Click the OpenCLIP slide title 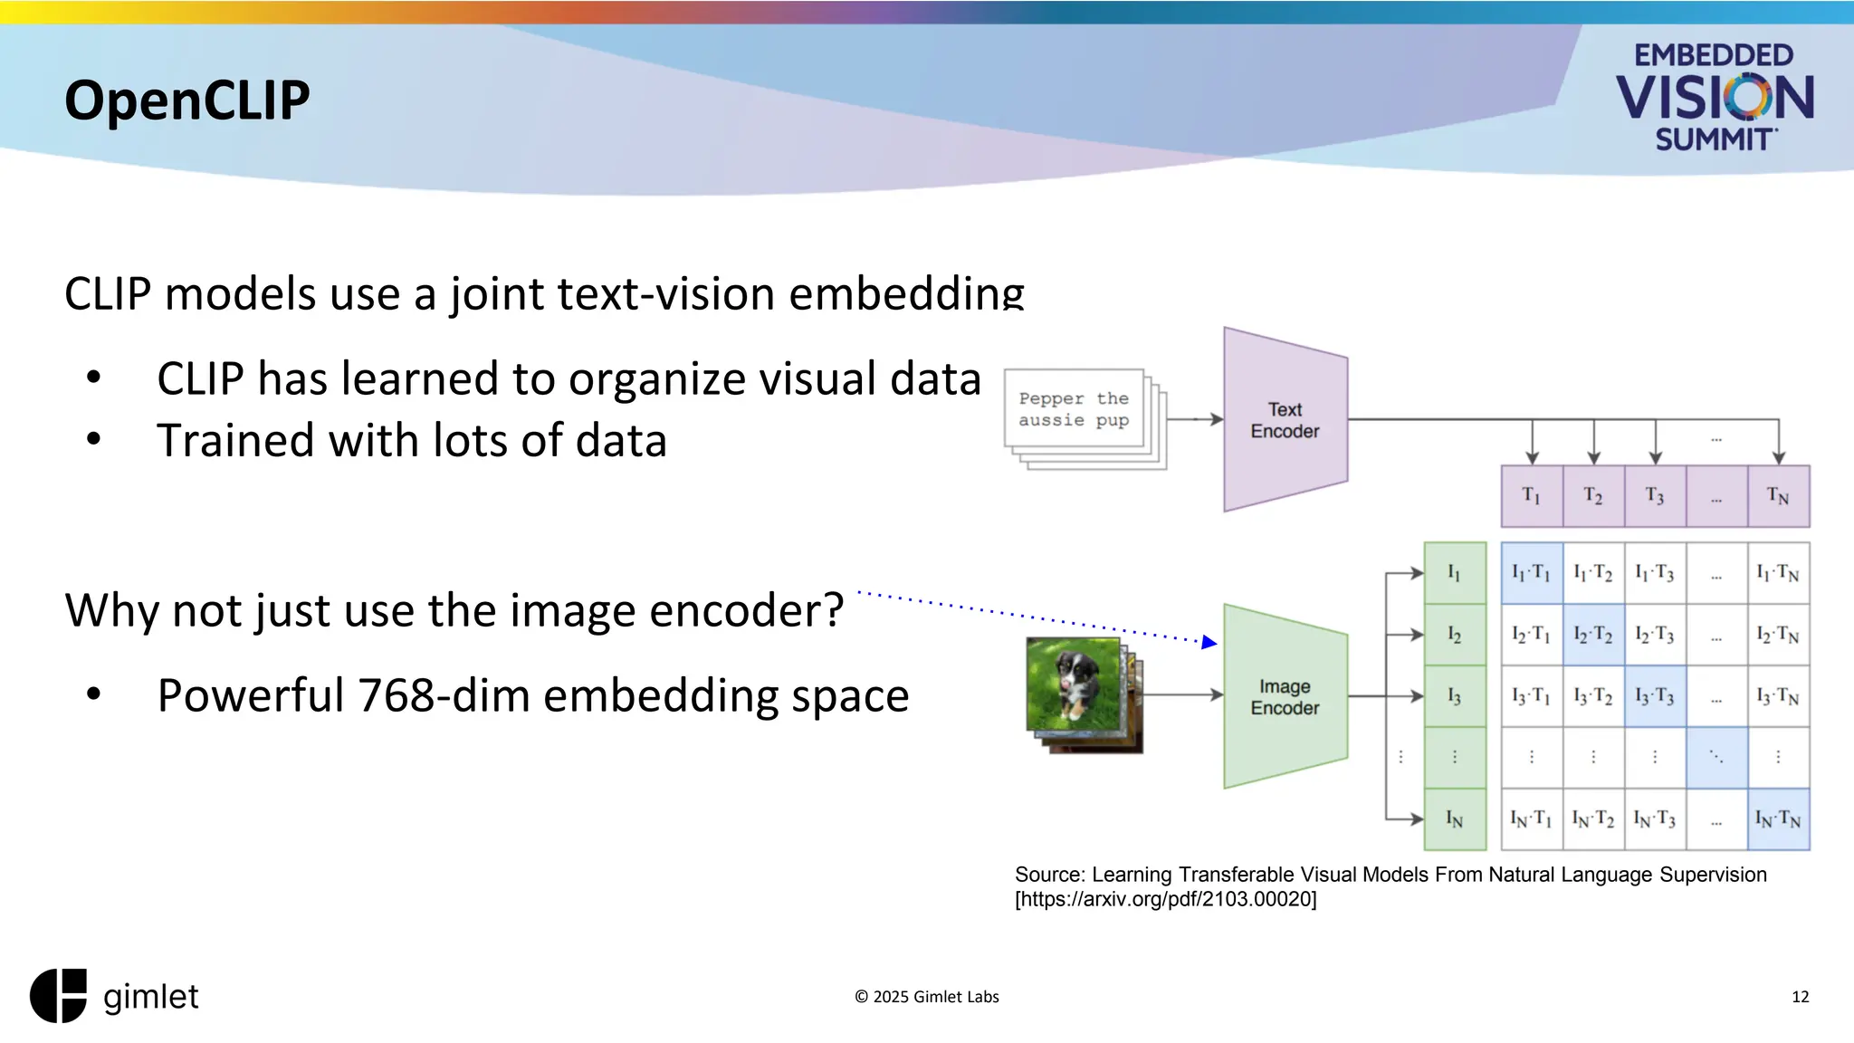click(x=187, y=100)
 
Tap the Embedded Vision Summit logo click(x=1714, y=97)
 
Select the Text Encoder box click(x=1285, y=420)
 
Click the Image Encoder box click(x=1285, y=697)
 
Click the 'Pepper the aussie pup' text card click(x=1074, y=409)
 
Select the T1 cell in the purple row click(x=1532, y=496)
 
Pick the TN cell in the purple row click(x=1778, y=496)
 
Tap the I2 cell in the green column click(x=1455, y=635)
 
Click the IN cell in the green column click(x=1455, y=819)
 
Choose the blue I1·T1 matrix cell click(x=1532, y=573)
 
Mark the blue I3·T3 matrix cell click(x=1655, y=696)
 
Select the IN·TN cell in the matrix click(x=1778, y=819)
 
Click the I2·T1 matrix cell click(x=1532, y=635)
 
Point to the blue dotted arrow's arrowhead click(x=1209, y=642)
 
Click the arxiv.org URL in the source click(x=1166, y=899)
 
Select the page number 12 click(x=1800, y=997)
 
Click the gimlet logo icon click(x=59, y=996)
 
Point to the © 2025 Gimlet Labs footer click(x=926, y=997)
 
